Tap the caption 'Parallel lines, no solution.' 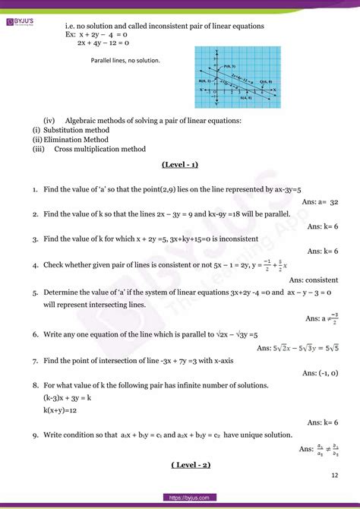click(125, 59)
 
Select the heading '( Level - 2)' click(180, 464)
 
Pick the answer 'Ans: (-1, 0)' click(320, 373)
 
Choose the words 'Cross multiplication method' click(99, 149)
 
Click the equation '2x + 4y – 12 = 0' click(108, 43)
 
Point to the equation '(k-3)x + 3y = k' click(73, 397)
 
